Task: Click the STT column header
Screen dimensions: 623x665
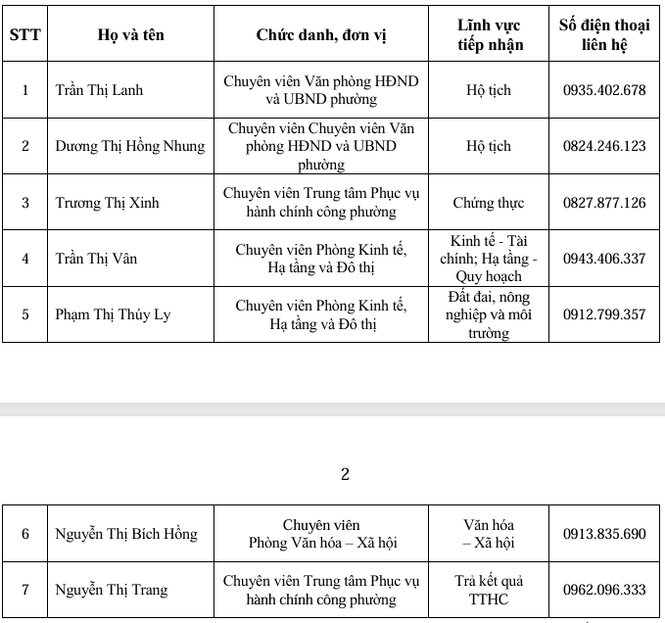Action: click(24, 34)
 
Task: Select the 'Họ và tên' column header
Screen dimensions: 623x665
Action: click(130, 34)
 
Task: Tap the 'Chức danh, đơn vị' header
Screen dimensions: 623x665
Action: click(321, 34)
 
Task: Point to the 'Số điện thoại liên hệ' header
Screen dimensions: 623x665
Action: click(604, 34)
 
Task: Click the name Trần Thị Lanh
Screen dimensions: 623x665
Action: click(99, 90)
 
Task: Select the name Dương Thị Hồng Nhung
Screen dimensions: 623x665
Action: click(130, 146)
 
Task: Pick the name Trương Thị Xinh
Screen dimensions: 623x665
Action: click(107, 203)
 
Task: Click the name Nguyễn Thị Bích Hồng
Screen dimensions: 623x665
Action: click(125, 534)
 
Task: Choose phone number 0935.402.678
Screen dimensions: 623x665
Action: click(604, 90)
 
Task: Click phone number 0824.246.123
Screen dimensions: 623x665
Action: click(604, 146)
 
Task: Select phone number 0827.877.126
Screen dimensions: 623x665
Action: click(604, 203)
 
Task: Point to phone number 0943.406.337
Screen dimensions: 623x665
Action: click(604, 259)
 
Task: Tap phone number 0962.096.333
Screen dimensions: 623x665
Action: click(604, 590)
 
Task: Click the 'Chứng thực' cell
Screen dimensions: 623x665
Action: click(488, 203)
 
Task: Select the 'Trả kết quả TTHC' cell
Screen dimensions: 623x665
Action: click(488, 590)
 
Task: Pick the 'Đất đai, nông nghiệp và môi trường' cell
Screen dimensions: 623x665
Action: click(488, 314)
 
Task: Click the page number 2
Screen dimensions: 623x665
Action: click(344, 475)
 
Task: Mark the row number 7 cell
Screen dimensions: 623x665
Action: click(25, 590)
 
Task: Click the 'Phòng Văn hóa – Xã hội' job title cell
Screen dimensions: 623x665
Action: click(321, 534)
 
